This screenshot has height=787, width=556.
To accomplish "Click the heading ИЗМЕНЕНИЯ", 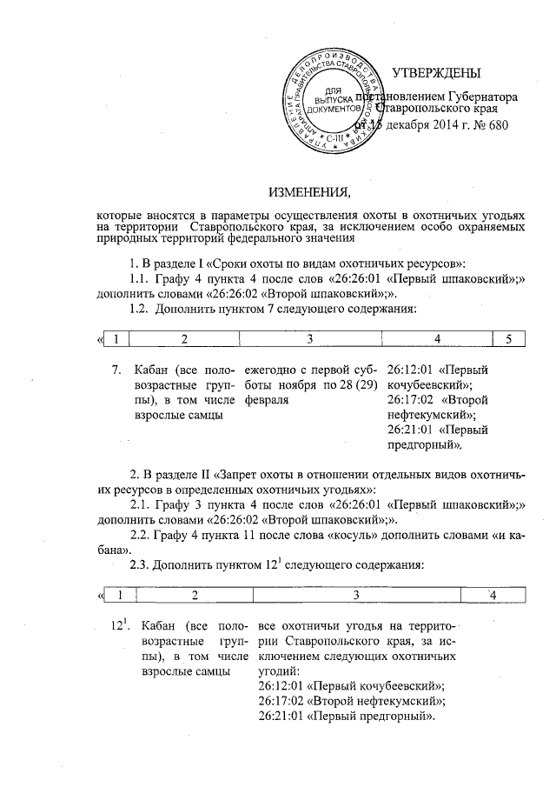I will tap(309, 191).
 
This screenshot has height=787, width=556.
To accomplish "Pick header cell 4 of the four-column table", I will tap(492, 595).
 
